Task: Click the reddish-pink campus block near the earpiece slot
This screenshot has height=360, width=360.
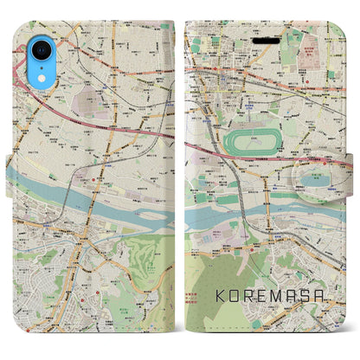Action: click(x=302, y=43)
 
